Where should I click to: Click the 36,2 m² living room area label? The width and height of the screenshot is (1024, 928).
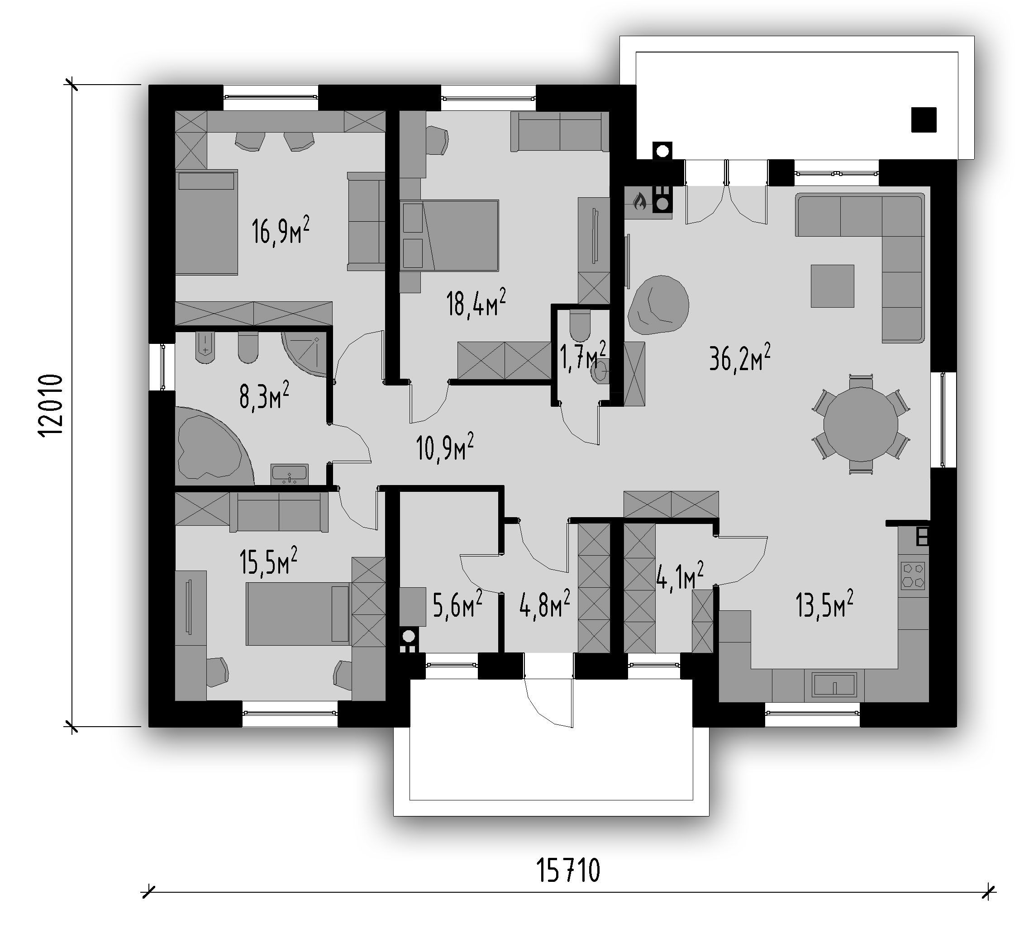coord(739,357)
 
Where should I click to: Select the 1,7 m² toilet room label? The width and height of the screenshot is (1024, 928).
coord(583,356)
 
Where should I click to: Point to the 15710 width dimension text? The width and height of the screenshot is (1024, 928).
coord(568,871)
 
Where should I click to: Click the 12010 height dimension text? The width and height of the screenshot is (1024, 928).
coord(51,405)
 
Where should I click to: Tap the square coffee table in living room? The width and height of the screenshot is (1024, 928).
coord(832,286)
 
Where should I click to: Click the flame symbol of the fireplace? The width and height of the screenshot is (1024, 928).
coord(639,201)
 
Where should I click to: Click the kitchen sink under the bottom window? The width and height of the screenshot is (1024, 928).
coord(834,685)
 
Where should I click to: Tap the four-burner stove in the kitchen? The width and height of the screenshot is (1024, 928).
coord(913,576)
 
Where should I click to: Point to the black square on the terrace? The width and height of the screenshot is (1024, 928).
coord(924,120)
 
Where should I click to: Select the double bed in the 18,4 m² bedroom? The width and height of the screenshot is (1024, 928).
coord(449,235)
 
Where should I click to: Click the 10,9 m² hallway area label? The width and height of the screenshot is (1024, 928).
coord(444,447)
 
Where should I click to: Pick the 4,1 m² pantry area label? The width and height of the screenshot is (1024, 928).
coord(680,576)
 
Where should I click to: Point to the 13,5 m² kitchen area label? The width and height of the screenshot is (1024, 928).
coord(824,604)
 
